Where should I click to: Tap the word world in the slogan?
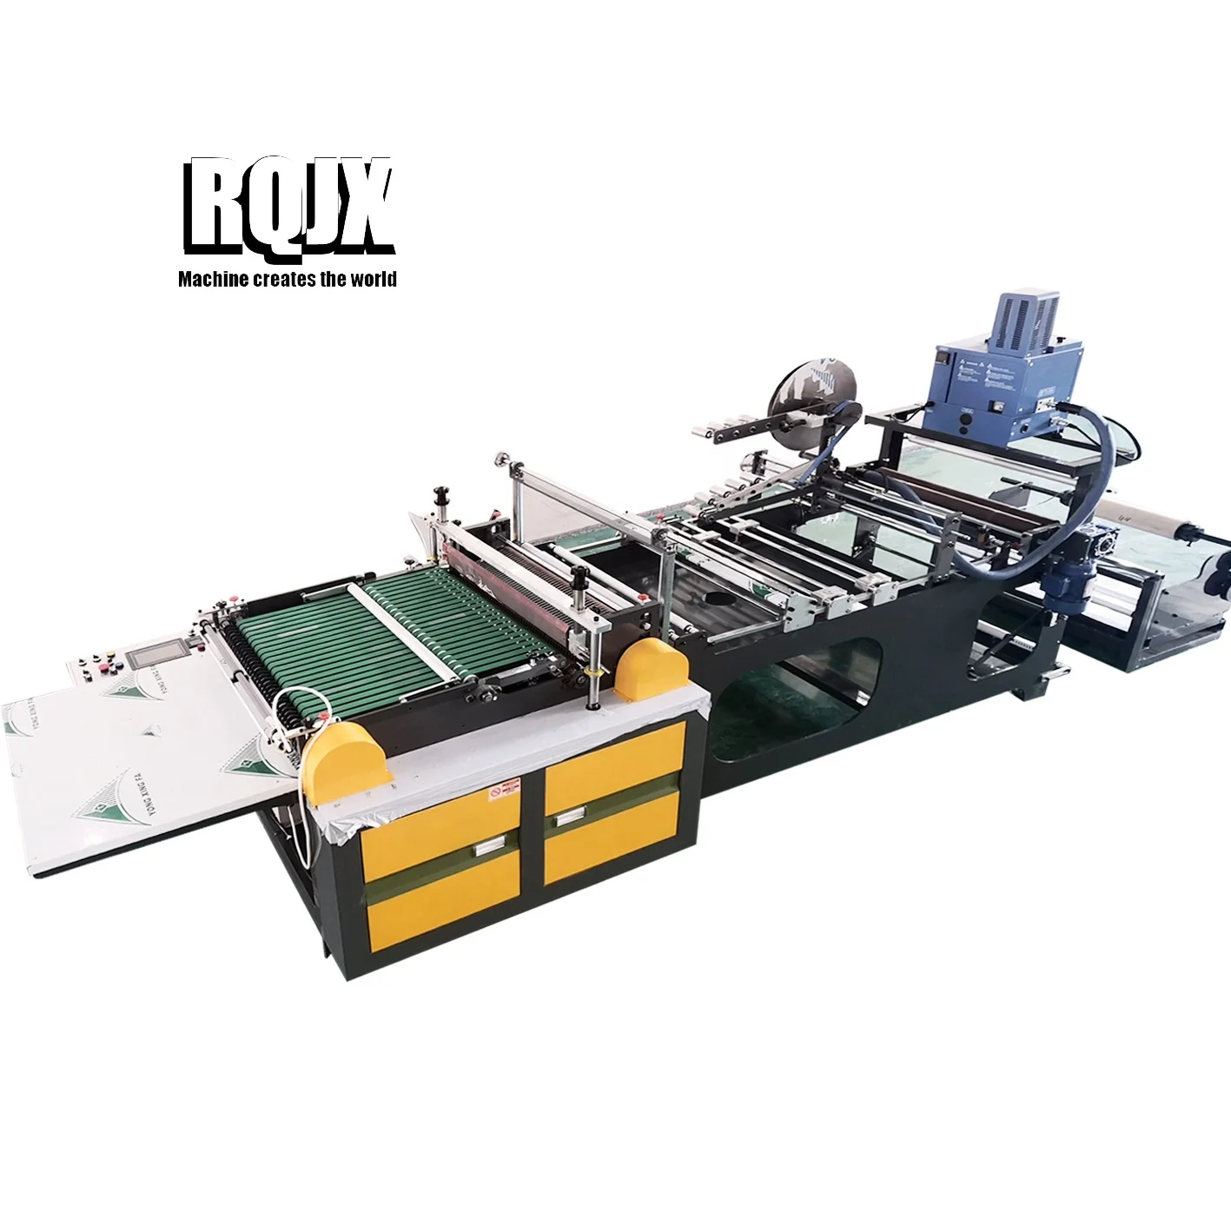[374, 279]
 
